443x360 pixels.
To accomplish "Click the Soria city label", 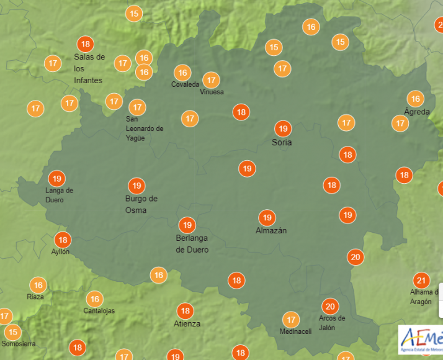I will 282,143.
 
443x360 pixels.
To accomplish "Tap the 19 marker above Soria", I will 283,128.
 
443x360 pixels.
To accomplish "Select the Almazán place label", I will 271,230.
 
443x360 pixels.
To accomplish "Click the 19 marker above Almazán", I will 267,217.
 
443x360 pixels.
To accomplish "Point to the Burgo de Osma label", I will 141,204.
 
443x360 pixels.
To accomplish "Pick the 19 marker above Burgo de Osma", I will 136,185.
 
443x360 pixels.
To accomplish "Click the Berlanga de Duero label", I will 192,244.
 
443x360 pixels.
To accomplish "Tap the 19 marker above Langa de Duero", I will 56,178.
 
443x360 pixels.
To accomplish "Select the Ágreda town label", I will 416,112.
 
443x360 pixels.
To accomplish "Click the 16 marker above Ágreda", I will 415,98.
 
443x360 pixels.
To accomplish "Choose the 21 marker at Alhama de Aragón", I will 422,280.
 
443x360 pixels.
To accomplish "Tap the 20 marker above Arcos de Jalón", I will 330,306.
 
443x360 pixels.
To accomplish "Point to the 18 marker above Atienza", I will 184,310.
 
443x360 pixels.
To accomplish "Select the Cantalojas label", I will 99,311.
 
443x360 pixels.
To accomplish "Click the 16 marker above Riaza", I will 38,286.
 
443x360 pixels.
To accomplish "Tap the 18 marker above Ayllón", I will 62,240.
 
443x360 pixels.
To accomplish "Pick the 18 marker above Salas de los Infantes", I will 86,44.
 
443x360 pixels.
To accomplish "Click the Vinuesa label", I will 212,92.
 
